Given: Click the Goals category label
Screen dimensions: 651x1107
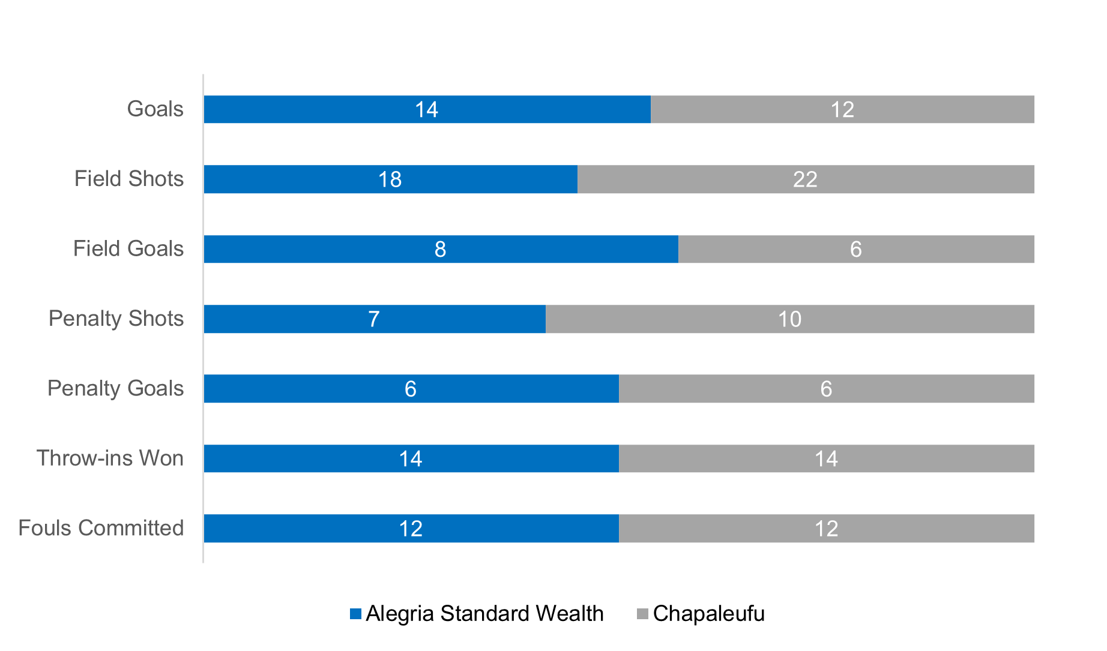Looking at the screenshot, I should [x=155, y=109].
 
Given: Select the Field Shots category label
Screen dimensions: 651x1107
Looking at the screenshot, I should [x=128, y=179].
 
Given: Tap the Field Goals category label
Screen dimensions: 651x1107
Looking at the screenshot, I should [x=128, y=249].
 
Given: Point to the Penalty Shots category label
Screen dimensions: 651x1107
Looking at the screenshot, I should [x=116, y=319].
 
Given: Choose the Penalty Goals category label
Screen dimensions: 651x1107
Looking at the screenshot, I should [x=115, y=389].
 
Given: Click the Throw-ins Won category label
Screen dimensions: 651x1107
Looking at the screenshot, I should [x=110, y=458].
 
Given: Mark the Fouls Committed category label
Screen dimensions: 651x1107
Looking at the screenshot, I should [x=101, y=528].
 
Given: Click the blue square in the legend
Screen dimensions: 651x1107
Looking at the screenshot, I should [x=355, y=614].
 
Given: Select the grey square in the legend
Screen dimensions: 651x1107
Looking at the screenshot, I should [x=642, y=614].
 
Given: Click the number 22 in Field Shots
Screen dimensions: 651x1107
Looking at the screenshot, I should [x=805, y=179].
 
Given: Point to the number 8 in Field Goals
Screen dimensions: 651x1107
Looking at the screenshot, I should [x=440, y=249].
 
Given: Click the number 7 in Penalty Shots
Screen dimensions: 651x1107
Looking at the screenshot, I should [x=373, y=319].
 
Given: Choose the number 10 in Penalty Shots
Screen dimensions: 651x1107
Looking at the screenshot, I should [x=789, y=319].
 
